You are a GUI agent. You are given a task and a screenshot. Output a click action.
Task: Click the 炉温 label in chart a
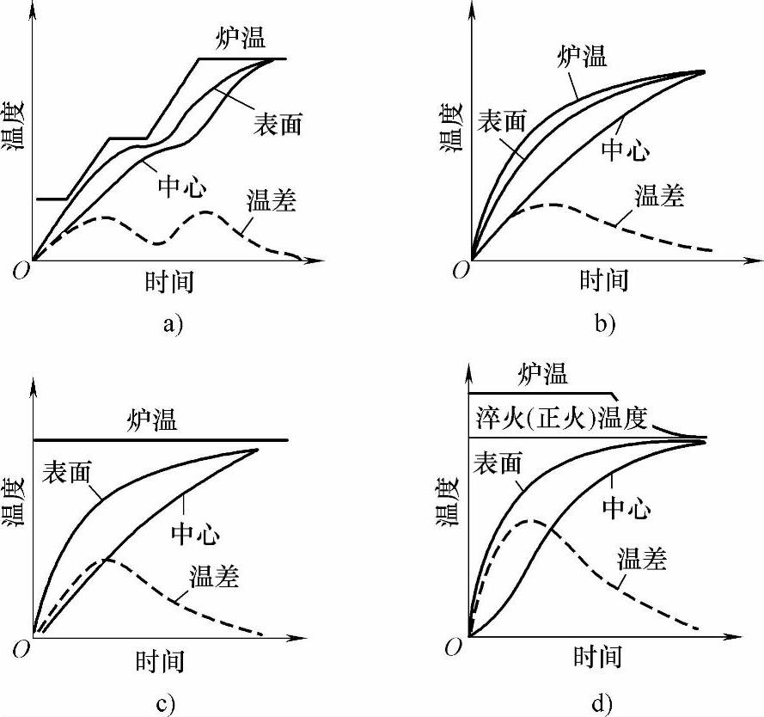pyautogui.click(x=240, y=39)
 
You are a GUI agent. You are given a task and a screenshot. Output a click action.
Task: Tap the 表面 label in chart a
pyautogui.click(x=277, y=124)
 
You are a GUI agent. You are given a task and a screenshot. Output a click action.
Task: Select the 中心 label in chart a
pyautogui.click(x=181, y=187)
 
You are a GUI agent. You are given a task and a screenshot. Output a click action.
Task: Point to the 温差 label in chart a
pyautogui.click(x=271, y=201)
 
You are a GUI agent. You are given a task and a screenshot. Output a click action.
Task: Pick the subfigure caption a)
pyautogui.click(x=172, y=324)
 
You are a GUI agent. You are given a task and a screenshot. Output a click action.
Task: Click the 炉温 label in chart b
pyautogui.click(x=582, y=57)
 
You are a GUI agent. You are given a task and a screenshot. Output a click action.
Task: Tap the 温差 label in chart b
pyautogui.click(x=659, y=196)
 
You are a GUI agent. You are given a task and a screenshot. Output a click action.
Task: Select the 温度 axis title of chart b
pyautogui.click(x=452, y=127)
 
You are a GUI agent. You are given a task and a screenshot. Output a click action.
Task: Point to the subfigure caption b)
pyautogui.click(x=604, y=324)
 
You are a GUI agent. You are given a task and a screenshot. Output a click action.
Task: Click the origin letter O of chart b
pyautogui.click(x=461, y=270)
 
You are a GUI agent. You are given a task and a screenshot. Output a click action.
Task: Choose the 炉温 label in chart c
pyautogui.click(x=153, y=420)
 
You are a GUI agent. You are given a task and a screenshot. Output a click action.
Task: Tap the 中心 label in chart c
pyautogui.click(x=195, y=535)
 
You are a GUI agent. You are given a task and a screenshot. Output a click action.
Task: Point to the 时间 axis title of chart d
pyautogui.click(x=596, y=658)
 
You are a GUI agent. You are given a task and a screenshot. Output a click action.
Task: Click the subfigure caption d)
pyautogui.click(x=601, y=705)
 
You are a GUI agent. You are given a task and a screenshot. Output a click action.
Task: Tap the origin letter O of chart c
pyautogui.click(x=21, y=651)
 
